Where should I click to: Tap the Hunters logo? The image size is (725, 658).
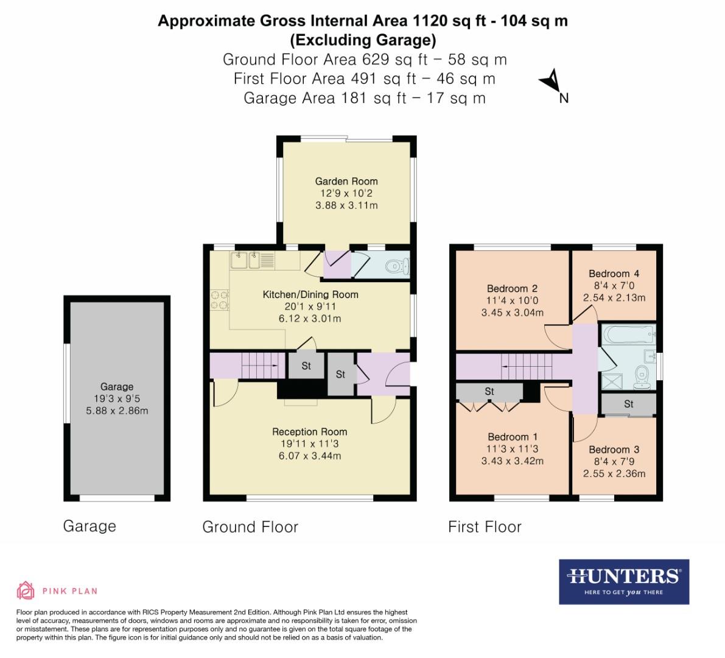coord(624,581)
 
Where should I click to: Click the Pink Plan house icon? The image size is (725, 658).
coord(26,590)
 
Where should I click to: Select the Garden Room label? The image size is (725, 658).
coord(346,181)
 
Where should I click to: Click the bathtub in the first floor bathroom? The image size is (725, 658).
coord(628,334)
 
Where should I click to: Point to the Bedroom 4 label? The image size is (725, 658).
coord(614,274)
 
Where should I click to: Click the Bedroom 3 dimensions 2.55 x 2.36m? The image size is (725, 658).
coord(614,473)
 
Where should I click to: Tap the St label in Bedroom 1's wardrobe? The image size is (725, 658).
coord(489,392)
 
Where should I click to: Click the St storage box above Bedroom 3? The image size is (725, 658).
coord(629,404)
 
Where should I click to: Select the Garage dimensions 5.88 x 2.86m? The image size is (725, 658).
coord(117,411)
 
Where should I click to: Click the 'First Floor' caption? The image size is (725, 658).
coord(485,526)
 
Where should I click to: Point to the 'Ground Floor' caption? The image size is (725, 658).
coord(250,526)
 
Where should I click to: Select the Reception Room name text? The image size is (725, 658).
coord(310,432)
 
